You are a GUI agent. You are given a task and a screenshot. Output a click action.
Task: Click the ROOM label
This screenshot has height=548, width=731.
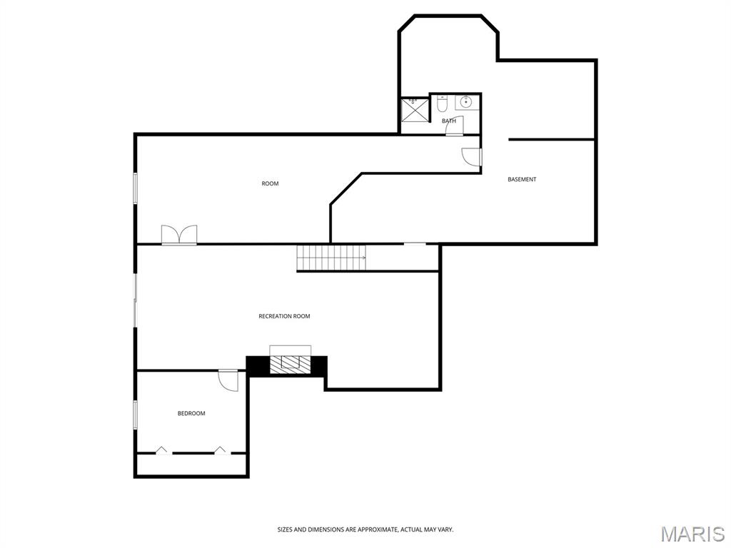(x=270, y=184)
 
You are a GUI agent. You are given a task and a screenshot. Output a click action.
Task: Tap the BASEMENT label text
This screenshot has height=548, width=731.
(x=522, y=180)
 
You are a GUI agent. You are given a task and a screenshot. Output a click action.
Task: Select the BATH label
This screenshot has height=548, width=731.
(x=449, y=121)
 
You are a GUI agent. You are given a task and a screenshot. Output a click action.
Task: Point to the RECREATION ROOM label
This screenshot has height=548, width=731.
(x=284, y=316)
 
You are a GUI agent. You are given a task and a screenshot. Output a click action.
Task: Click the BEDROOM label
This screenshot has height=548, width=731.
(x=191, y=414)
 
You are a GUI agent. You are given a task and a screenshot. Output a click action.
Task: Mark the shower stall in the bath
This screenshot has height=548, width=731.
(x=413, y=110)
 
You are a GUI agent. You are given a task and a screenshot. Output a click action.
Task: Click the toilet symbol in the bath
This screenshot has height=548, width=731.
(x=442, y=105)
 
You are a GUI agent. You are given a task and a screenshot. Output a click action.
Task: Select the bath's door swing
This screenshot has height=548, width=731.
(x=454, y=126)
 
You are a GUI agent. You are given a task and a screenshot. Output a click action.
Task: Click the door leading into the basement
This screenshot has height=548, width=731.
(x=471, y=156)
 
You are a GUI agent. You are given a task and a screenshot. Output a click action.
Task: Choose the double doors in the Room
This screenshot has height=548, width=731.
(x=178, y=235)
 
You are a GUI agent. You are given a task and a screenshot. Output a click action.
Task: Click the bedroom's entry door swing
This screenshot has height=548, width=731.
(x=228, y=380)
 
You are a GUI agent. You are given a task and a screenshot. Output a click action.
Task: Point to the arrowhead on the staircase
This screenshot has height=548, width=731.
(x=363, y=258)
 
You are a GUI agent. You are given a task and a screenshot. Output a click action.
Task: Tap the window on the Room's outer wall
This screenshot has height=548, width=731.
(x=135, y=188)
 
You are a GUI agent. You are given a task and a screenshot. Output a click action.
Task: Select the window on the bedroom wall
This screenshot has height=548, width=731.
(x=135, y=415)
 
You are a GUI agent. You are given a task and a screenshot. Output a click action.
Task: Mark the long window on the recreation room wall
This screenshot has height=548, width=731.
(x=135, y=300)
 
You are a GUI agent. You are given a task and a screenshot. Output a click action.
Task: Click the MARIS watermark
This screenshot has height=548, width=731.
(x=692, y=533)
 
